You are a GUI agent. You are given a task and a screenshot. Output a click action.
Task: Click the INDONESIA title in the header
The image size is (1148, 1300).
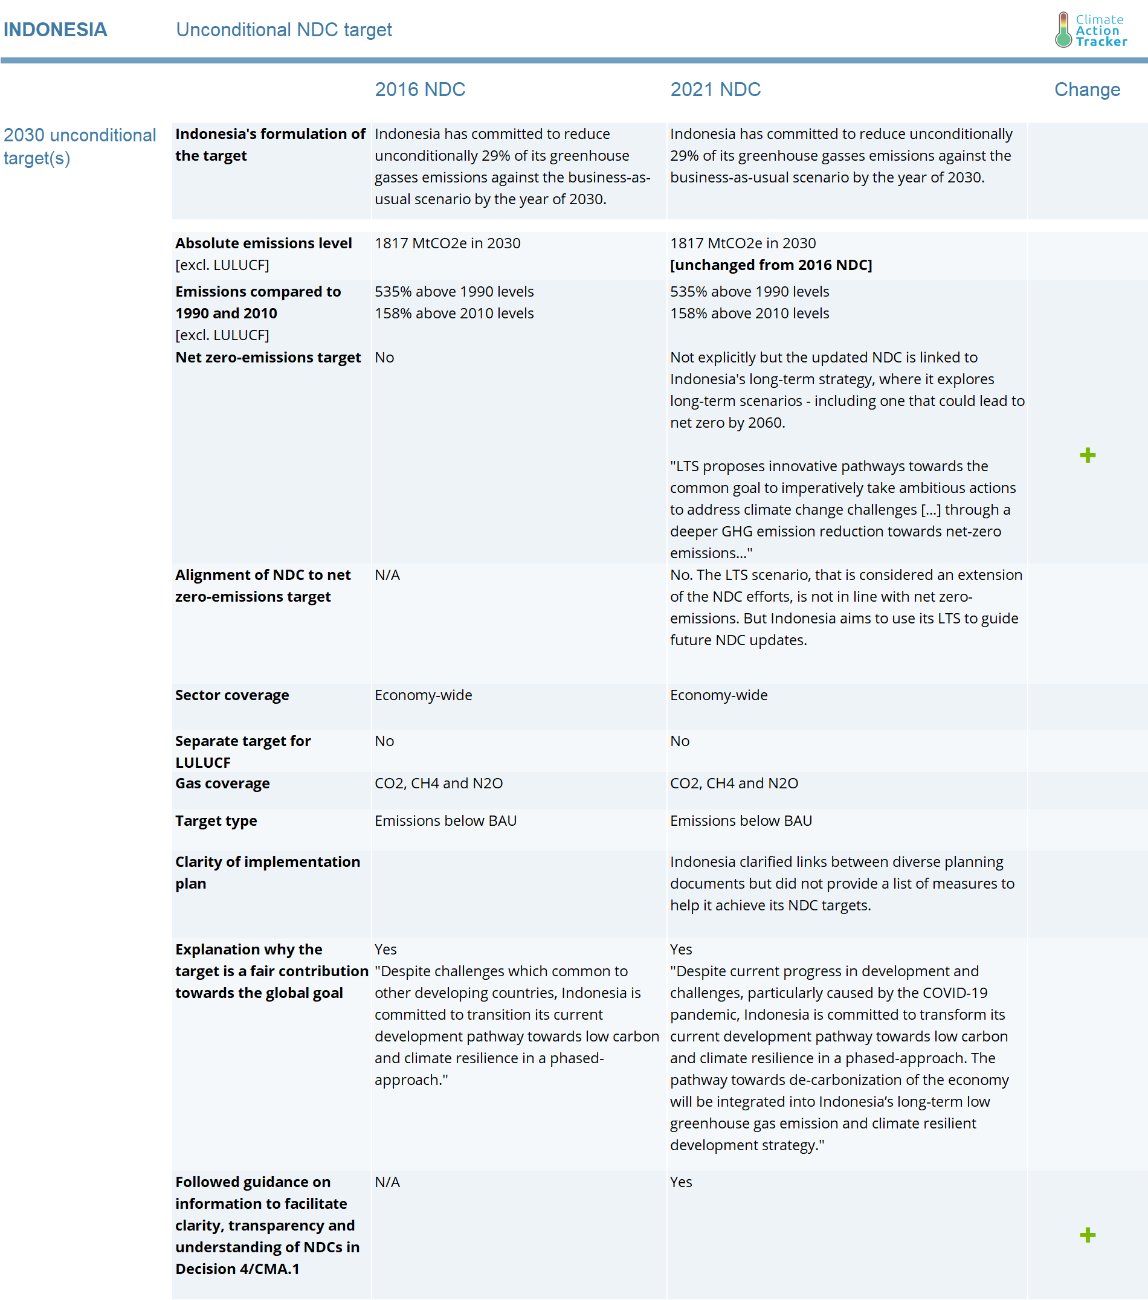click(x=56, y=30)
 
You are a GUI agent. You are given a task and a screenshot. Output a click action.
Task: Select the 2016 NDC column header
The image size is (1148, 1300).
click(x=420, y=89)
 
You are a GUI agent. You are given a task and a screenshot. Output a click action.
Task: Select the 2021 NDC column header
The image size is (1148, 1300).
click(x=715, y=89)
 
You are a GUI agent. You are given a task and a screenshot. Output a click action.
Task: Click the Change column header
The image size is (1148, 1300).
click(x=1086, y=89)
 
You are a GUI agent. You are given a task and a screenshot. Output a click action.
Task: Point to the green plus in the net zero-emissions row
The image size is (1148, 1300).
click(x=1087, y=455)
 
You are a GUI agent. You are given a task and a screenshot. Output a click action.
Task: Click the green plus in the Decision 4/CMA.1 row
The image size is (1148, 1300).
click(x=1087, y=1235)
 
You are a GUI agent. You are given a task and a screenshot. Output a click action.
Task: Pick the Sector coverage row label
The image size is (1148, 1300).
click(x=232, y=695)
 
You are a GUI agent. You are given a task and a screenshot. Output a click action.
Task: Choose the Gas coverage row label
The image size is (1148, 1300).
click(x=222, y=784)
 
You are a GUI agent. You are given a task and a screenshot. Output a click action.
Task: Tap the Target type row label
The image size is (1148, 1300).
click(x=216, y=821)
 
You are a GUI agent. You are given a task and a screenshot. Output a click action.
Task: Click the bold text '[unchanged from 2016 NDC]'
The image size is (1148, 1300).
click(x=771, y=265)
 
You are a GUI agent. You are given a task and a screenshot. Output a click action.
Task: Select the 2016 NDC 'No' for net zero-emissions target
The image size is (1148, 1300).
click(x=384, y=358)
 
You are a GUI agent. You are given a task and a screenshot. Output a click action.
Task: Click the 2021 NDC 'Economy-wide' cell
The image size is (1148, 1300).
click(x=718, y=695)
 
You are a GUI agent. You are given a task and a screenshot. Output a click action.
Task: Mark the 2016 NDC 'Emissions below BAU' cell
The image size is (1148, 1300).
click(x=445, y=821)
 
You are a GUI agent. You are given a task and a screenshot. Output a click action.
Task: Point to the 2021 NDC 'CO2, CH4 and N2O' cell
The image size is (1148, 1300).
click(x=734, y=784)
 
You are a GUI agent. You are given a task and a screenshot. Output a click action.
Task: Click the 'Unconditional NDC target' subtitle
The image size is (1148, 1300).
click(x=283, y=30)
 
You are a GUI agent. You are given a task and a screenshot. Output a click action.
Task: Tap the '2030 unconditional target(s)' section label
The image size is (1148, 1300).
click(x=80, y=146)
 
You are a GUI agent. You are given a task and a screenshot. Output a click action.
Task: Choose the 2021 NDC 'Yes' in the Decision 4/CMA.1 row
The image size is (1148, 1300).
click(x=680, y=1182)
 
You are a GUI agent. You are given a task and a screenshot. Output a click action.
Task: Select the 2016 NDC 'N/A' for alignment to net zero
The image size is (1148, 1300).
click(x=387, y=575)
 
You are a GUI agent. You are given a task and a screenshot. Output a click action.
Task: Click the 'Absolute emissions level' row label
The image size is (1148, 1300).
click(x=263, y=243)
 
